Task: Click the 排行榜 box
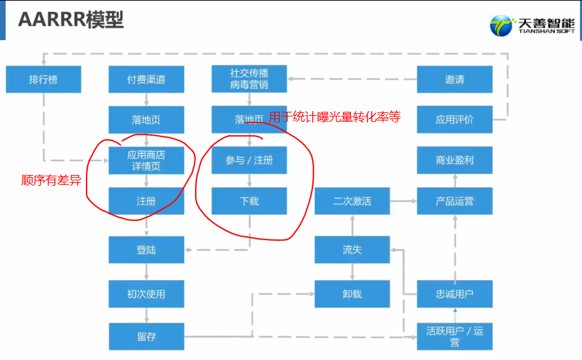coord(43,80)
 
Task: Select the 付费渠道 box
coord(146,80)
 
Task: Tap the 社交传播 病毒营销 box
coord(249,79)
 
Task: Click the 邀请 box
coord(455,80)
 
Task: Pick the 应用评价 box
coord(455,120)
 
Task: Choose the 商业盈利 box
coord(455,160)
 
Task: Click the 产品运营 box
coord(455,201)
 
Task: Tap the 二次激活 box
coord(352,201)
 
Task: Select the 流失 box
coord(352,250)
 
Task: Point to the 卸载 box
coord(352,293)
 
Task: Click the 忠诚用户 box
coord(455,293)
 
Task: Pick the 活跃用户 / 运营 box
coord(455,336)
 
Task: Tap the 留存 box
coord(146,336)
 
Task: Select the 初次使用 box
coord(146,293)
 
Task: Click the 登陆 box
coord(146,250)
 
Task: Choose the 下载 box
coord(249,201)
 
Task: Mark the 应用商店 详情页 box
coord(146,160)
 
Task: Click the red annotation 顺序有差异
coord(51,179)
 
